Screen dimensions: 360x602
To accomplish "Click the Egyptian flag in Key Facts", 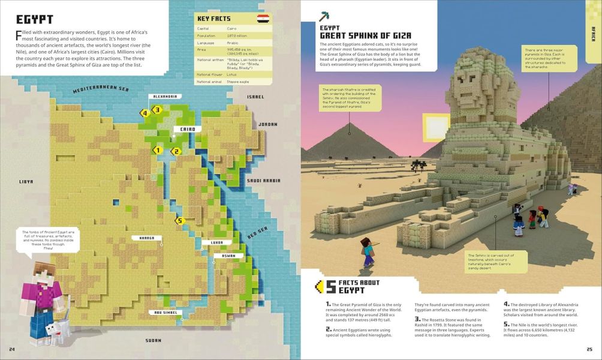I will pos(262,19).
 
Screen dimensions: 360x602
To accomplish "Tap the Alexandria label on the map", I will pos(164,96).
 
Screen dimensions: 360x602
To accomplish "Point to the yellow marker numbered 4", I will pos(144,112).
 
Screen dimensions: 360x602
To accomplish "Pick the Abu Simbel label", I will pos(165,312).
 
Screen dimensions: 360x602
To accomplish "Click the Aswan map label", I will pos(228,256).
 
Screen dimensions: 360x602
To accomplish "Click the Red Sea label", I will pos(258,231).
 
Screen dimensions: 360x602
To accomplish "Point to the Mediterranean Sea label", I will pos(101,89).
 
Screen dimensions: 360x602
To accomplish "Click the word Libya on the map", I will pos(26,181).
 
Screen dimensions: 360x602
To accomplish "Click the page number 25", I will pos(589,349).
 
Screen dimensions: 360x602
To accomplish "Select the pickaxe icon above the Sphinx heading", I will pos(324,16).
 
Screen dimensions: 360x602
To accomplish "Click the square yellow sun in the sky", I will pos(436,127).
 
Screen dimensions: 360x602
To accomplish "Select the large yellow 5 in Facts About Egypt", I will pos(330,286).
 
